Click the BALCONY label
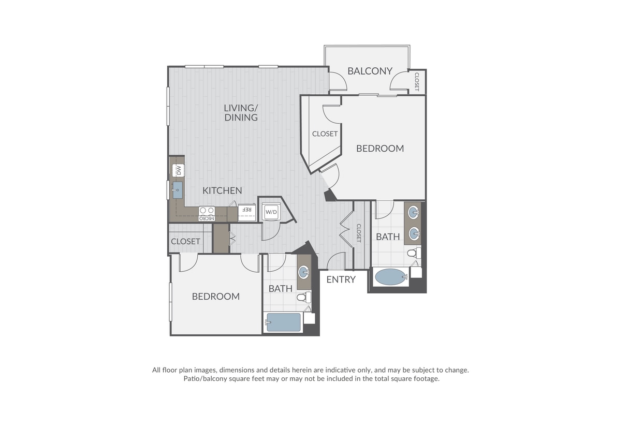pyautogui.click(x=370, y=71)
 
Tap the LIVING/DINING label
pyautogui.click(x=241, y=113)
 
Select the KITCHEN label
pyautogui.click(x=222, y=190)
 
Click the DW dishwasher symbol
pyautogui.click(x=178, y=170)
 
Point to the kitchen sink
pyautogui.click(x=178, y=190)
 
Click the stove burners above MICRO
pyautogui.click(x=207, y=211)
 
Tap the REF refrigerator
pyautogui.click(x=247, y=213)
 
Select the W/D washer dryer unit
pyautogui.click(x=271, y=212)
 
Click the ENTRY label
pyautogui.click(x=341, y=279)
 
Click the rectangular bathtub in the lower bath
pyautogui.click(x=283, y=322)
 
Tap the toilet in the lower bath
pyautogui.click(x=304, y=297)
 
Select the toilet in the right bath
pyautogui.click(x=414, y=253)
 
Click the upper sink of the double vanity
pyautogui.click(x=414, y=213)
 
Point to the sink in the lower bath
pyautogui.click(x=303, y=272)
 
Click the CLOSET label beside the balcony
pyautogui.click(x=417, y=82)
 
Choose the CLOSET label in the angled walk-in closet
pyautogui.click(x=325, y=134)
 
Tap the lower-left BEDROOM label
pyautogui.click(x=216, y=297)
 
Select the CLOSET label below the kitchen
pyautogui.click(x=185, y=242)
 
